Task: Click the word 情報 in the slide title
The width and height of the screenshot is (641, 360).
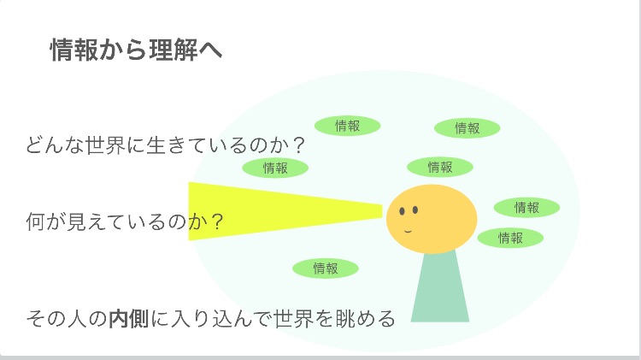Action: tap(74, 50)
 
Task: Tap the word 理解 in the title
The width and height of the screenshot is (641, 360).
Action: tap(173, 50)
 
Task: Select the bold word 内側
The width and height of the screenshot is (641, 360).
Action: tap(129, 319)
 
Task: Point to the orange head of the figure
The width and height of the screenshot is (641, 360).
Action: tap(432, 219)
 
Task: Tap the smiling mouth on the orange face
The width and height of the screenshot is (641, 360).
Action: tap(408, 231)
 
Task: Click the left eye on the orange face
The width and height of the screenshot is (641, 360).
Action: tap(402, 211)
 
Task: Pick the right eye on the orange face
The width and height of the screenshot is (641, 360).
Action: tap(415, 210)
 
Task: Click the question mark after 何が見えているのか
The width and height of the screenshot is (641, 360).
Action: tap(217, 221)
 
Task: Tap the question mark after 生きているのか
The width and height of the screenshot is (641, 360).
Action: tap(299, 145)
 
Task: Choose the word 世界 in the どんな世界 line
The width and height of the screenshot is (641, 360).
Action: tap(105, 145)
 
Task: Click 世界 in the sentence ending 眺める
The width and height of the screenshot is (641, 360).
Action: tap(293, 319)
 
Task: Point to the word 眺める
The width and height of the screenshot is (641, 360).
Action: tap(365, 319)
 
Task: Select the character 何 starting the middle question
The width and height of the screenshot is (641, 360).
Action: tap(36, 221)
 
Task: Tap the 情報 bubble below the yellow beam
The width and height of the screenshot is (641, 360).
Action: tap(326, 269)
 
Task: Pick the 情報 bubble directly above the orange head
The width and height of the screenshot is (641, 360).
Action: tap(440, 167)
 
